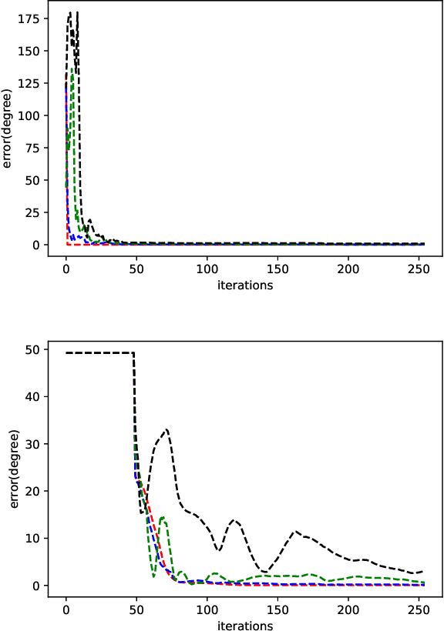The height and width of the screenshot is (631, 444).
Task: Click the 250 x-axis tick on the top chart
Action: (419, 270)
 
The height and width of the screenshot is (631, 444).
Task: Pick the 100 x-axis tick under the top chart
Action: (207, 270)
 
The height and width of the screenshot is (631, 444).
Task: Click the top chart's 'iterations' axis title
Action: (244, 285)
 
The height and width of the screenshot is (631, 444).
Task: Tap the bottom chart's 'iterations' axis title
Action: (244, 626)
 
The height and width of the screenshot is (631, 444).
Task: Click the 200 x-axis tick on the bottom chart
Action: (348, 610)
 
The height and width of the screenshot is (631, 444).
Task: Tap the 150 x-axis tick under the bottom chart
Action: (277, 610)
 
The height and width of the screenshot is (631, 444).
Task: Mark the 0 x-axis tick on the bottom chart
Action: (66, 610)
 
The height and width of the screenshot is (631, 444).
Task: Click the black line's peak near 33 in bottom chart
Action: (166, 429)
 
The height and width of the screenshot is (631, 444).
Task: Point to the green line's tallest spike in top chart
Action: (72, 68)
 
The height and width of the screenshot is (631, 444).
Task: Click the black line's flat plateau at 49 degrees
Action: (100, 353)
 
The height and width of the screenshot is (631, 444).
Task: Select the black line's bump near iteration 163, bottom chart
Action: (295, 531)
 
